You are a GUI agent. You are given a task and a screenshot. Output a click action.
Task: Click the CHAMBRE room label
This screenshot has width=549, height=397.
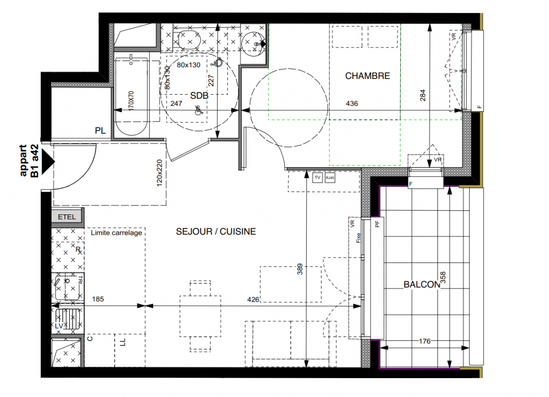[x=367, y=76]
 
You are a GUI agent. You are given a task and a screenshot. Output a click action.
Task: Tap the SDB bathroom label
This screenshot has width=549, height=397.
[x=199, y=95]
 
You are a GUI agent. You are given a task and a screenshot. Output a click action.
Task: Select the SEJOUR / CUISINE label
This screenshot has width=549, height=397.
[x=216, y=231]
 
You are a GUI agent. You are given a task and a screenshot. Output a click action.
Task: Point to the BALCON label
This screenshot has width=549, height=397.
[x=422, y=284]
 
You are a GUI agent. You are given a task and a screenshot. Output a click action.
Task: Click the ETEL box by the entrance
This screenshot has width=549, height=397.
[x=67, y=217]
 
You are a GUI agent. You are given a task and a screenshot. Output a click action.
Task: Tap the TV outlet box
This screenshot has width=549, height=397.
[x=317, y=178]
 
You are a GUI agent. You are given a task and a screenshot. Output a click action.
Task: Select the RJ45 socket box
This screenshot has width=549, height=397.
[x=330, y=178]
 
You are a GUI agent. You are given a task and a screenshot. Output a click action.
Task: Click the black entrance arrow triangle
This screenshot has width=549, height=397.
[x=48, y=161]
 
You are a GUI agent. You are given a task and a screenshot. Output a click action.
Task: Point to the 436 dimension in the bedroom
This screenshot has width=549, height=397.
[x=351, y=103]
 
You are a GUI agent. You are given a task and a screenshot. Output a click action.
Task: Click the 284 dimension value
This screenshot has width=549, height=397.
[x=423, y=95]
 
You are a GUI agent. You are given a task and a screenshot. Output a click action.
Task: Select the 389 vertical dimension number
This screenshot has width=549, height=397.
[x=300, y=269]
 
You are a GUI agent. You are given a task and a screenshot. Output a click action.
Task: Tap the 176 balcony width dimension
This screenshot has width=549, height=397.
[x=424, y=341]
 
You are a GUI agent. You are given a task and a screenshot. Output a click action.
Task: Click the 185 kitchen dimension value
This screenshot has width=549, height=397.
[x=98, y=299]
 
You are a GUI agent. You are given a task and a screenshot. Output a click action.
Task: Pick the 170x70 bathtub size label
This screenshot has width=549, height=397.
[x=131, y=101]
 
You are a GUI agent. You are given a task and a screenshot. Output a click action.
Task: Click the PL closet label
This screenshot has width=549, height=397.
[x=100, y=131]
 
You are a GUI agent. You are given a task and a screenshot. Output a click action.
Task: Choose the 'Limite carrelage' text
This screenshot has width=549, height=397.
[x=116, y=233]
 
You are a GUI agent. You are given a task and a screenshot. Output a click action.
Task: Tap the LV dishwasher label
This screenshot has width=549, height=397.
[x=59, y=326]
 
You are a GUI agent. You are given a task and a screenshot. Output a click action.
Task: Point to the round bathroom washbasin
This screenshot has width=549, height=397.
[x=253, y=43]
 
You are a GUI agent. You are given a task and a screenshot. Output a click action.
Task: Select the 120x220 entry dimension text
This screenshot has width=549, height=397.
[x=160, y=173]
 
